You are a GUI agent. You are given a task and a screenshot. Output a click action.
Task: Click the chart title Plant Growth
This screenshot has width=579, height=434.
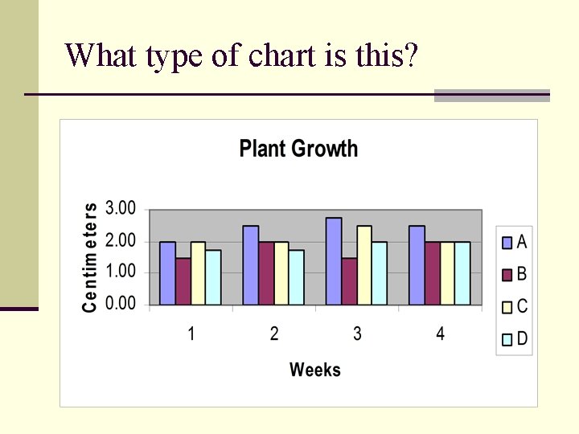tap(298, 149)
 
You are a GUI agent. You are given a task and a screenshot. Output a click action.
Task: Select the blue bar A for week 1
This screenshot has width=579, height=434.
tap(167, 273)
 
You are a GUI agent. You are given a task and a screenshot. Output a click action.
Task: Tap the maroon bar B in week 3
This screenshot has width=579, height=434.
tap(349, 281)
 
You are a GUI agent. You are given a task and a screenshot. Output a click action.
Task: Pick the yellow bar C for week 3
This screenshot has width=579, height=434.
tap(364, 265)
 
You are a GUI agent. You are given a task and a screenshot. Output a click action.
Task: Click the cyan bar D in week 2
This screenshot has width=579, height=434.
tap(297, 277)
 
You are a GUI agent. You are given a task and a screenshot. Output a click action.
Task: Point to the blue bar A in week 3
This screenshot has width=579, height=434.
tap(334, 261)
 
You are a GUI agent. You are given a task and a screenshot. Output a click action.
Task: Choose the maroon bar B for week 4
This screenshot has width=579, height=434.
tap(432, 273)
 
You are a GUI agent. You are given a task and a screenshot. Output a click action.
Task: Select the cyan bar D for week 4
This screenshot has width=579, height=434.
tap(462, 273)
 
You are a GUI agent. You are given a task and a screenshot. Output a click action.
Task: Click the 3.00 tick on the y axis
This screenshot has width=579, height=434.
tap(121, 209)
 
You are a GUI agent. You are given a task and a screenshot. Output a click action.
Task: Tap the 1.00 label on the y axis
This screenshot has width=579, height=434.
tap(121, 272)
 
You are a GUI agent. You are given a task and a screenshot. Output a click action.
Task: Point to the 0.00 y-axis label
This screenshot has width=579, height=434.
tap(121, 305)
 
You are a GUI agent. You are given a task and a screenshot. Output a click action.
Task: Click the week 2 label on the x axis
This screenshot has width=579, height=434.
tap(274, 334)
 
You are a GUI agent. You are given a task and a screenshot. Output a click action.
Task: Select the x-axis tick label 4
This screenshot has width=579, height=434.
tap(440, 334)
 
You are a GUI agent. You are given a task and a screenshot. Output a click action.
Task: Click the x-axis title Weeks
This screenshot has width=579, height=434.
tap(315, 370)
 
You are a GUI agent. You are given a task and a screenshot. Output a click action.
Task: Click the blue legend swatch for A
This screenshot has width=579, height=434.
tap(507, 242)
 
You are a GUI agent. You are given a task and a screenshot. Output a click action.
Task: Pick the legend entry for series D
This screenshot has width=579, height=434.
tap(515, 339)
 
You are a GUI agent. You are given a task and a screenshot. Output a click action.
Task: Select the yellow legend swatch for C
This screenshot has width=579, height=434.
tap(507, 307)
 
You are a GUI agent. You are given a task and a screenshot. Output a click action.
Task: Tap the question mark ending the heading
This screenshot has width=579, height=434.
tap(411, 55)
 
